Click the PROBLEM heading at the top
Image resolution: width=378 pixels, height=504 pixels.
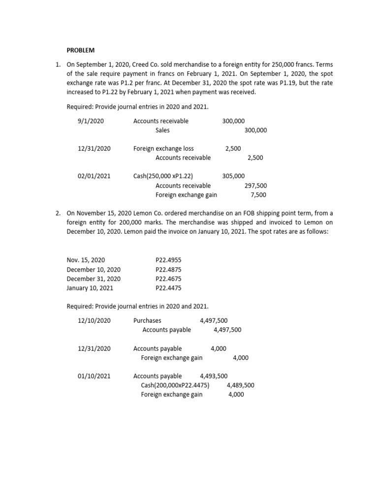pyautogui.click(x=81, y=50)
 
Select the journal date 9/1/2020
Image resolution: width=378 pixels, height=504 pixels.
pyautogui.click(x=91, y=121)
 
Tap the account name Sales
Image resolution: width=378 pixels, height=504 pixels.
pyautogui.click(x=162, y=130)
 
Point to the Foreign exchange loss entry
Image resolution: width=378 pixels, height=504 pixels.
pyautogui.click(x=163, y=149)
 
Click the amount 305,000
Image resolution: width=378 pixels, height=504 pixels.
pyautogui.click(x=233, y=176)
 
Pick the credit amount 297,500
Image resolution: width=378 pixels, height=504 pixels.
pyautogui.click(x=255, y=186)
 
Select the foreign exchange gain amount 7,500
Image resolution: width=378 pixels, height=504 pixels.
pyautogui.click(x=258, y=195)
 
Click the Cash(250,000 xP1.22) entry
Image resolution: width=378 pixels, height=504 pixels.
pyautogui.click(x=163, y=176)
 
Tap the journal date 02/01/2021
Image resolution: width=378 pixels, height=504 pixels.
pyautogui.click(x=94, y=176)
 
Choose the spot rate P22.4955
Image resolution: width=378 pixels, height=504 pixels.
pyautogui.click(x=168, y=260)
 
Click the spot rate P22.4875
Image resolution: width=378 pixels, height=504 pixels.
pyautogui.click(x=168, y=270)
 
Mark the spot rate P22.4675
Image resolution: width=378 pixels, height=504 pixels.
pyautogui.click(x=168, y=279)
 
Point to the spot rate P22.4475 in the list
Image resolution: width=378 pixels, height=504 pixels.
pyautogui.click(x=168, y=288)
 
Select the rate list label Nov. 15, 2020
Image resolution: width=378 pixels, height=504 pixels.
pyautogui.click(x=86, y=260)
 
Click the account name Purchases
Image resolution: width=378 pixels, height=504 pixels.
pyautogui.click(x=147, y=320)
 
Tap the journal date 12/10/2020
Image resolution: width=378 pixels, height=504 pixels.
pyautogui.click(x=94, y=320)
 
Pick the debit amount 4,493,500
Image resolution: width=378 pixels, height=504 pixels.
pyautogui.click(x=214, y=376)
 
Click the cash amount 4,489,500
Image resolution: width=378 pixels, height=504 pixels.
pyautogui.click(x=240, y=385)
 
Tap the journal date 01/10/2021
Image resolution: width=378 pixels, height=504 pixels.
pyautogui.click(x=94, y=376)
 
